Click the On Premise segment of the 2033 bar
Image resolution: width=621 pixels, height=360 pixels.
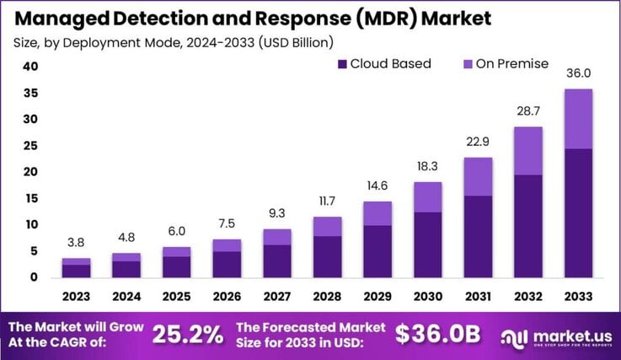pos(578,118)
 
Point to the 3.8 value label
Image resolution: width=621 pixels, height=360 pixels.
pos(76,243)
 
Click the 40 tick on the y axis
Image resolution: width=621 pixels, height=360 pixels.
pos(31,67)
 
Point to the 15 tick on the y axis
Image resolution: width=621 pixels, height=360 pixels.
pos(31,198)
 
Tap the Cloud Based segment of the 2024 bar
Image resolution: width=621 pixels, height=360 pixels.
pos(126,269)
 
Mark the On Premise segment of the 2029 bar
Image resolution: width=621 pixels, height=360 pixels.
pos(377,213)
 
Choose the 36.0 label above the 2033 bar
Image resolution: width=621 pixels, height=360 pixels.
pos(578,73)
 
